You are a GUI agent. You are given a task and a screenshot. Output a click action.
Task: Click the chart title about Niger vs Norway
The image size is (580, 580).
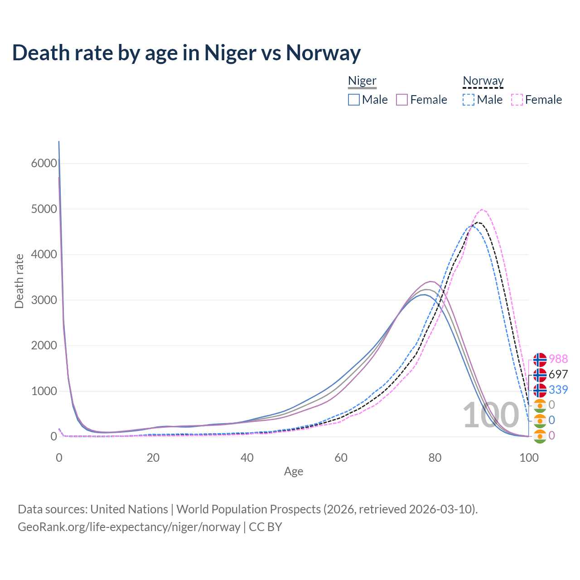[x=186, y=53]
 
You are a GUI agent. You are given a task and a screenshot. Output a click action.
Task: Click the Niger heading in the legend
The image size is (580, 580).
[x=362, y=81]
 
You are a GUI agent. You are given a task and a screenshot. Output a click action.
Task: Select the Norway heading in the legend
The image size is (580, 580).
[x=483, y=81]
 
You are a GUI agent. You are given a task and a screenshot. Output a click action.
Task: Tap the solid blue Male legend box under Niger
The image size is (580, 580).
[x=354, y=100]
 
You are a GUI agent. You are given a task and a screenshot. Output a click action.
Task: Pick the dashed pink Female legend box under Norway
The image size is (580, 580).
[x=517, y=100]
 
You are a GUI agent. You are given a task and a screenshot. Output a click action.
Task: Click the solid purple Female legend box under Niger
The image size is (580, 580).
[x=402, y=100]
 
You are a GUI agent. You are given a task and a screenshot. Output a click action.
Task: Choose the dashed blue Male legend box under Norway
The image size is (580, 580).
[x=469, y=100]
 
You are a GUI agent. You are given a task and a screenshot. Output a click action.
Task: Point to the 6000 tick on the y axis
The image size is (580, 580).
[x=44, y=163]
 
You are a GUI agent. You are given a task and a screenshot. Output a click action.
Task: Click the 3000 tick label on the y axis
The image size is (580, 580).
[x=44, y=300]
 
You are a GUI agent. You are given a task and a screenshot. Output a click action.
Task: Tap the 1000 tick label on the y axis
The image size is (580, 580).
[x=44, y=391]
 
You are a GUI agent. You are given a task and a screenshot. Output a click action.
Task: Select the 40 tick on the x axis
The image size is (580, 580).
[x=247, y=458]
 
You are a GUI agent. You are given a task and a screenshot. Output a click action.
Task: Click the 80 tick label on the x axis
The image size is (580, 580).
[x=435, y=458]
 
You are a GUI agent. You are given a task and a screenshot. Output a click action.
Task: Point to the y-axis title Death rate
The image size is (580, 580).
[x=19, y=281]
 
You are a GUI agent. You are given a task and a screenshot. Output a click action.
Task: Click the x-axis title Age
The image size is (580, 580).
[x=294, y=472]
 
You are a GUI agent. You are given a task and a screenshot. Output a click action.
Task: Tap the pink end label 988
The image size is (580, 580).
[x=558, y=359]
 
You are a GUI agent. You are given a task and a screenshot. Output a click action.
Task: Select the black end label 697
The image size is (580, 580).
[x=558, y=374]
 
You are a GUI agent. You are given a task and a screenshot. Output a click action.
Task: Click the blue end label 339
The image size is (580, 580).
[x=558, y=390]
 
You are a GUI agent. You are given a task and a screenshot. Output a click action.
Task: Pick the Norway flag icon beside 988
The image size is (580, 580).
[x=540, y=359]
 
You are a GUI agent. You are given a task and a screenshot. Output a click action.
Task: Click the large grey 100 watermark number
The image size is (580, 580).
[x=491, y=415]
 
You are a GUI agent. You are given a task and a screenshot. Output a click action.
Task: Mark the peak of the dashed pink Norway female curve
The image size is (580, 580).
[x=482, y=210]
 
